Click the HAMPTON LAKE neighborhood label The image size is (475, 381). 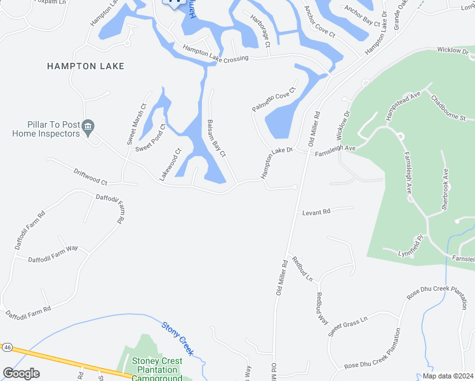coord(86,66)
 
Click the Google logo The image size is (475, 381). coord(21,373)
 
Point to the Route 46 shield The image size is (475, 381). coord(7,347)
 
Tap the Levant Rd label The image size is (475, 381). coord(316,211)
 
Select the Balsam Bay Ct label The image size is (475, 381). coord(217,139)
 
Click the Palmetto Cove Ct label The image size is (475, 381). coord(274,100)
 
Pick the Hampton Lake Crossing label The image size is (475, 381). coord(216,54)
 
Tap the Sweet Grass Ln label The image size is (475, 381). coord(348,327)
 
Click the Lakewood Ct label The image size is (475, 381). coord(170,164)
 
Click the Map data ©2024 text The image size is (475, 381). coord(448,375)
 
